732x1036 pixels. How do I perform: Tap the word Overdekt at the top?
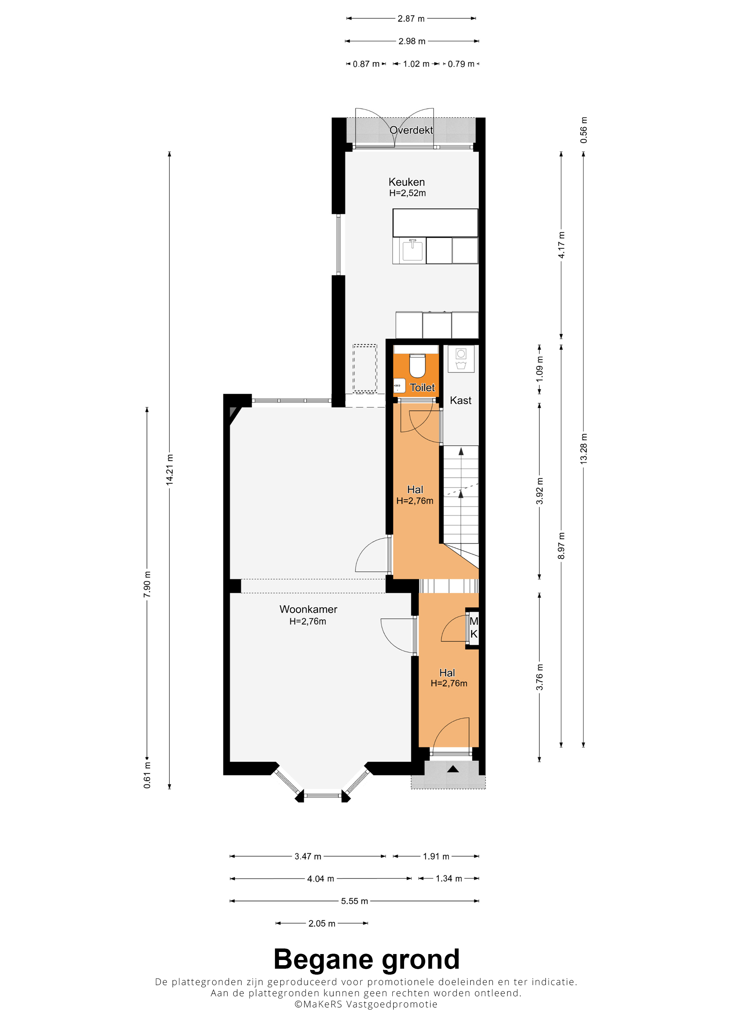(411, 130)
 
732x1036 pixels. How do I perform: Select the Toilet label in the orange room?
(422, 388)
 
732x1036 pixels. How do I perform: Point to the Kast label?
(460, 400)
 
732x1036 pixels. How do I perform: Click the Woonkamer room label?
(308, 609)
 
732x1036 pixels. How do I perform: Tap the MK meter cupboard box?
(473, 628)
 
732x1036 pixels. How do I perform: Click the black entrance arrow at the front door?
(453, 769)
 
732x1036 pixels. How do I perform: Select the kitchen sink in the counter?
(412, 250)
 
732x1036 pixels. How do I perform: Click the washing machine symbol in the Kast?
(461, 359)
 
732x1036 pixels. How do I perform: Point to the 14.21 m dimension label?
(170, 470)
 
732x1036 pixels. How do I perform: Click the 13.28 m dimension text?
(584, 449)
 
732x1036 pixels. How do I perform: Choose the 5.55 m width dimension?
(354, 901)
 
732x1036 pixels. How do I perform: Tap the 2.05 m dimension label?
(322, 924)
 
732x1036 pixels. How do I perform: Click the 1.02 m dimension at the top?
(416, 64)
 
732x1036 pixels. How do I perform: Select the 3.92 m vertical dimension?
(540, 491)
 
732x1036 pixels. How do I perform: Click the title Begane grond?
(366, 959)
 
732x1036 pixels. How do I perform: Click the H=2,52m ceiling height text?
(407, 193)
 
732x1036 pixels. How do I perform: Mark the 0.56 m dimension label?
(584, 130)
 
